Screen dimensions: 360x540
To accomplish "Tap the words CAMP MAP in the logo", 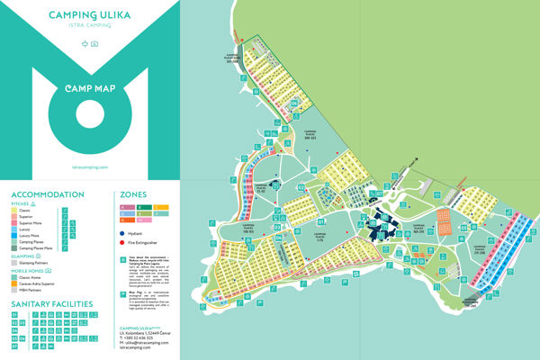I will click(89, 90).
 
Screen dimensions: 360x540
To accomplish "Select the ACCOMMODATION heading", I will click(48, 193).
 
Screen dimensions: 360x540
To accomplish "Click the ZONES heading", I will click(130, 193).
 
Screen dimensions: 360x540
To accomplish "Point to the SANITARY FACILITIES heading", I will click(52, 304).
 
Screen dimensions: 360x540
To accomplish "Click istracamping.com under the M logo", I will click(89, 167).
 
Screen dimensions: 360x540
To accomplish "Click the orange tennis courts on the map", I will click(444, 218).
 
